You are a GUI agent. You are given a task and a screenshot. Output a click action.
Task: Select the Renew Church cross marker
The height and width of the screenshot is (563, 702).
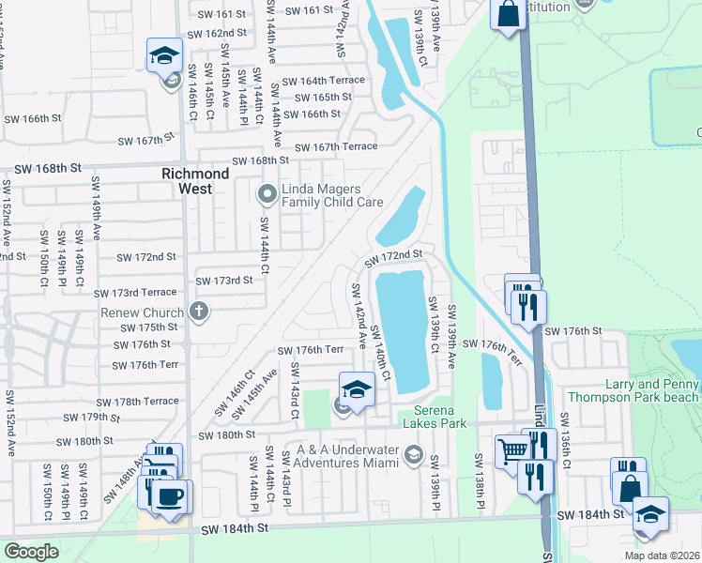tap(198, 311)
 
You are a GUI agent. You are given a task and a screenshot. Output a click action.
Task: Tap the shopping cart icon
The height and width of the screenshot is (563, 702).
tap(512, 451)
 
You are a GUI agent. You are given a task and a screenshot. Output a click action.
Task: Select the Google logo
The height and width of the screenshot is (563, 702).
tap(31, 552)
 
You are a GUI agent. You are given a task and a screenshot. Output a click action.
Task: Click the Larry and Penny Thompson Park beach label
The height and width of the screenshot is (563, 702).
tap(637, 391)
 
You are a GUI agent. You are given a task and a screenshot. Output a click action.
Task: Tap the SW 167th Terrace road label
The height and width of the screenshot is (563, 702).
tap(335, 146)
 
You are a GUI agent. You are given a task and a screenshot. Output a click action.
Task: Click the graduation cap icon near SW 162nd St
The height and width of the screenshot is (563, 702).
tap(165, 55)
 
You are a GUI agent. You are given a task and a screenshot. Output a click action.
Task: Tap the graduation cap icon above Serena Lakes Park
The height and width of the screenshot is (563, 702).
tap(358, 388)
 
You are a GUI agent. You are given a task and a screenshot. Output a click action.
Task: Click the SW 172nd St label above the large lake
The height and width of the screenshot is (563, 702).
tap(394, 255)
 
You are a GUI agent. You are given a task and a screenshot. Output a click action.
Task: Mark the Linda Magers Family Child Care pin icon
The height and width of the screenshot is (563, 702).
tap(267, 195)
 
